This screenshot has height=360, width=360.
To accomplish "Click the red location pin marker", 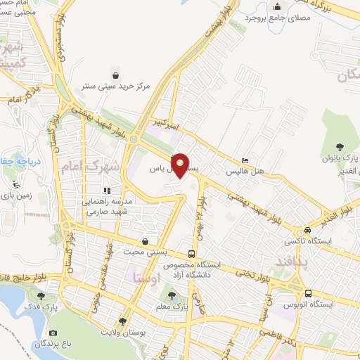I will point(181,164).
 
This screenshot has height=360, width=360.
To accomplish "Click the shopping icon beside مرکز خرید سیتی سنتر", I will point(117,73).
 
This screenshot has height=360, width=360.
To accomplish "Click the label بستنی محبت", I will point(145,251).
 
